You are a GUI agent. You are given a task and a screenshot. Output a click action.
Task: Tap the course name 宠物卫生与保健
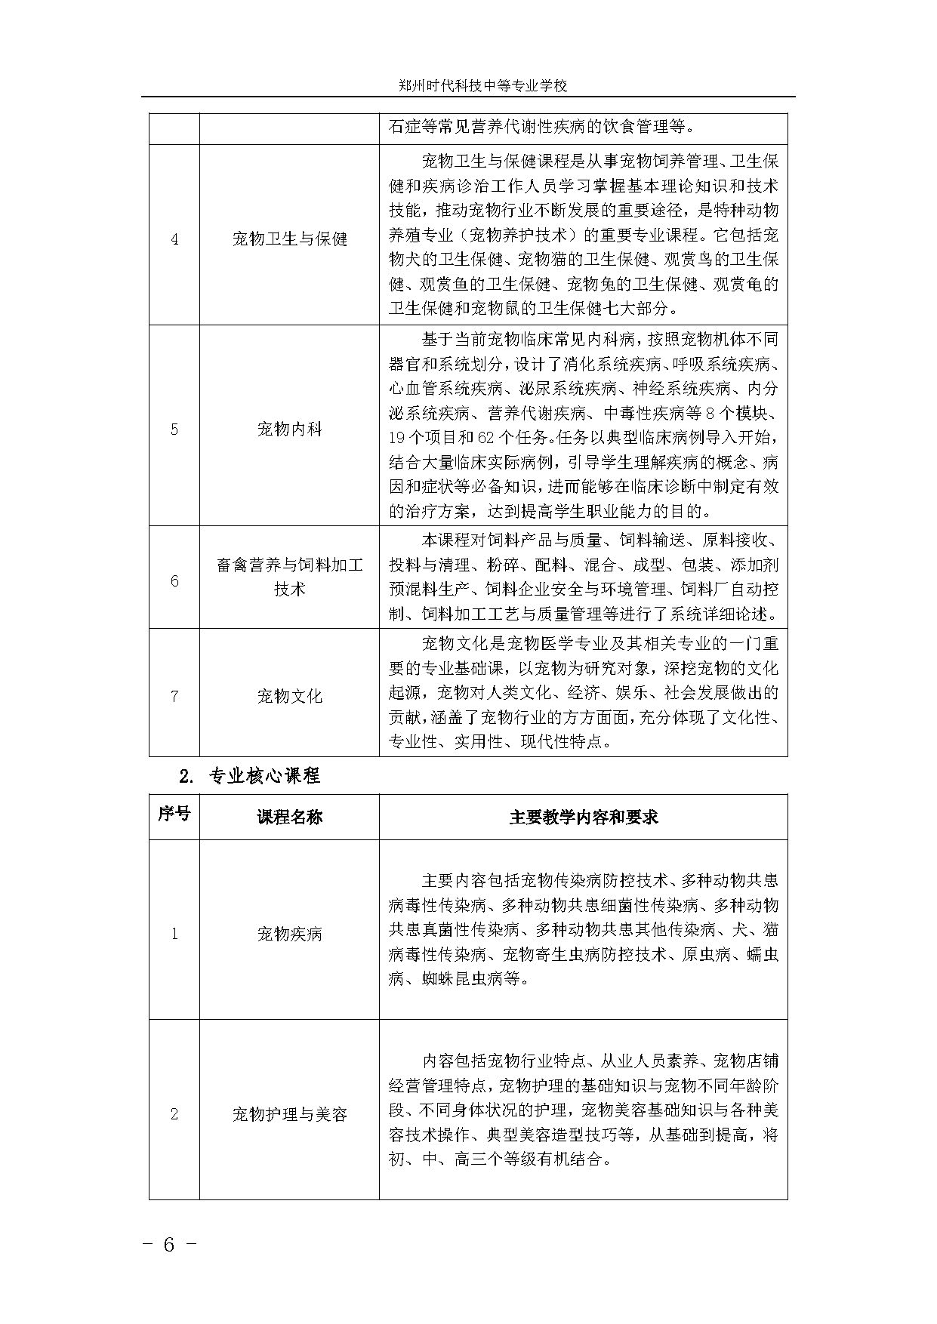pyautogui.click(x=289, y=240)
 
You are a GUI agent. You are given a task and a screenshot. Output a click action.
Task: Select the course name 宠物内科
pyautogui.click(x=289, y=430)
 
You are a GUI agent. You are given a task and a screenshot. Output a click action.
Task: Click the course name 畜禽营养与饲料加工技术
pyautogui.click(x=289, y=577)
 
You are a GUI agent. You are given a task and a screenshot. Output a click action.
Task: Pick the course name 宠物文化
pyautogui.click(x=289, y=696)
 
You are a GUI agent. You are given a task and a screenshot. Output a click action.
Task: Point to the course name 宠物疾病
pyautogui.click(x=289, y=934)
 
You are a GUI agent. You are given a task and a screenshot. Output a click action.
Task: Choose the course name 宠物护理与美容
pyautogui.click(x=289, y=1114)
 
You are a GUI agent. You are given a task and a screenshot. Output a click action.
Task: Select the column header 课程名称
pyautogui.click(x=289, y=816)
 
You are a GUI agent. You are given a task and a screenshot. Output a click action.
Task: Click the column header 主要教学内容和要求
pyautogui.click(x=583, y=816)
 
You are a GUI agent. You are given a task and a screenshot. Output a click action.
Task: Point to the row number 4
pyautogui.click(x=174, y=240)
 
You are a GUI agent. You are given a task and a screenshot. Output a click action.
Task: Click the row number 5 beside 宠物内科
pyautogui.click(x=174, y=430)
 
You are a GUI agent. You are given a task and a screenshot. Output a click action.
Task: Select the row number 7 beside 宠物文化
pyautogui.click(x=174, y=696)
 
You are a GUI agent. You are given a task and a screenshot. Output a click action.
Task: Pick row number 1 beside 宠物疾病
pyautogui.click(x=174, y=934)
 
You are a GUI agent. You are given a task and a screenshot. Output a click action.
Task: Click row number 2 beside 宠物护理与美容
pyautogui.click(x=174, y=1114)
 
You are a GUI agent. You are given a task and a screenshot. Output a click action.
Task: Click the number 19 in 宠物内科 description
pyautogui.click(x=397, y=437)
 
